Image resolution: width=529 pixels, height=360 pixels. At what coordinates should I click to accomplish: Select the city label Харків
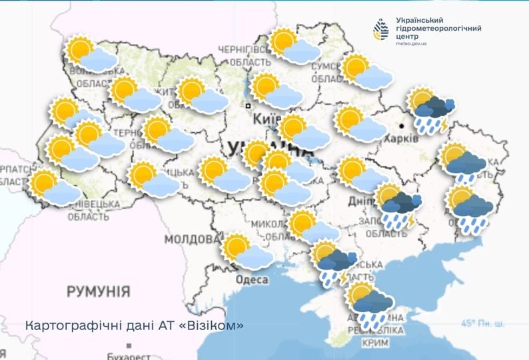402,137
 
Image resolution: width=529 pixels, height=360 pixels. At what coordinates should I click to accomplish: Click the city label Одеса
253,280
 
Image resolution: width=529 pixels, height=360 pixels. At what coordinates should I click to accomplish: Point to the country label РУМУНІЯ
98,291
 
